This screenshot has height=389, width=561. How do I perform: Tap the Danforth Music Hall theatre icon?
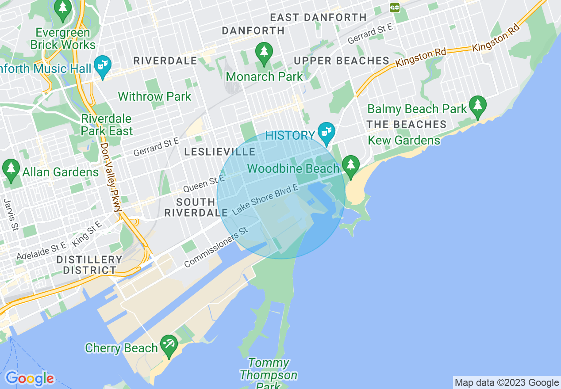(103, 66)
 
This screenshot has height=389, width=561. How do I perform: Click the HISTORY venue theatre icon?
(327, 133)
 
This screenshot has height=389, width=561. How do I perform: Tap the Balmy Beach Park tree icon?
(478, 106)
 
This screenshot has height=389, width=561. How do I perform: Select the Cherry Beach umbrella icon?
(169, 345)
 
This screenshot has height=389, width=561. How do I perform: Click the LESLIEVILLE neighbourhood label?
(220, 152)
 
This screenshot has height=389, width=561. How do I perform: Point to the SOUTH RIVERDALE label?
(196, 207)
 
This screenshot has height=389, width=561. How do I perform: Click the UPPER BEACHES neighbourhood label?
(341, 61)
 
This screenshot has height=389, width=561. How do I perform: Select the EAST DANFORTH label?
(318, 18)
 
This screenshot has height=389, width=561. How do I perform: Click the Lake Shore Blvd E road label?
(265, 200)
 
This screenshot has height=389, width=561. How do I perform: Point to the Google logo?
(30, 378)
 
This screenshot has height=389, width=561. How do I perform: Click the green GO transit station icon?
(395, 7)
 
